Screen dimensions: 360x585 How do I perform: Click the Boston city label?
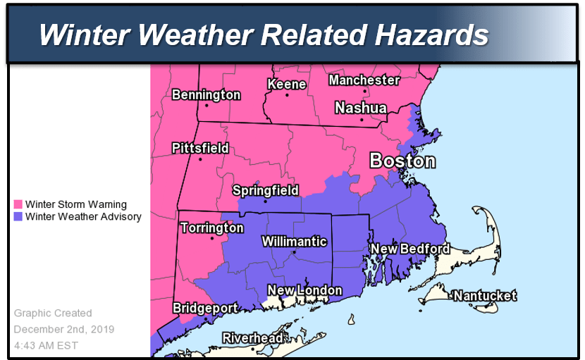(x=402, y=161)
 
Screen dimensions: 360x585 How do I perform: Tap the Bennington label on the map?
(x=207, y=94)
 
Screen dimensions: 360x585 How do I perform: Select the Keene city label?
(x=286, y=85)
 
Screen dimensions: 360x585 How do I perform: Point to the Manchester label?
(x=364, y=80)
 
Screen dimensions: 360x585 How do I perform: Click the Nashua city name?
(x=360, y=108)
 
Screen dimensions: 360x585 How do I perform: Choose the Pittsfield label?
(x=200, y=148)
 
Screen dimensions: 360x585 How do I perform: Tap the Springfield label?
(x=266, y=190)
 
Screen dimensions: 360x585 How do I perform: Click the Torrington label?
(x=212, y=228)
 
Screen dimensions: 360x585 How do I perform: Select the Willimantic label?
(x=295, y=242)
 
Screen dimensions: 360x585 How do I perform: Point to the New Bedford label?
(x=409, y=249)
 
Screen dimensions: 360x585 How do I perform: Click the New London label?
(x=304, y=290)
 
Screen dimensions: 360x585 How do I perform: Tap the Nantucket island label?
(x=484, y=296)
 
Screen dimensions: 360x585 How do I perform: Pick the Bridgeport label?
(x=205, y=309)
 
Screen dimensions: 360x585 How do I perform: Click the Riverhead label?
(x=252, y=338)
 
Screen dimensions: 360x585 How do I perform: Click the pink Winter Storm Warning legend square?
(x=18, y=205)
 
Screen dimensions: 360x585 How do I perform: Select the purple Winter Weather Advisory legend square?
(x=18, y=217)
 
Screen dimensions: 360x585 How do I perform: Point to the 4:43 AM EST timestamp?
(x=46, y=345)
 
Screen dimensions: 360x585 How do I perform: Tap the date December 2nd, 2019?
(x=64, y=329)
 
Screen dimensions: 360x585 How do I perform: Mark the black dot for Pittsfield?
(x=200, y=159)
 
